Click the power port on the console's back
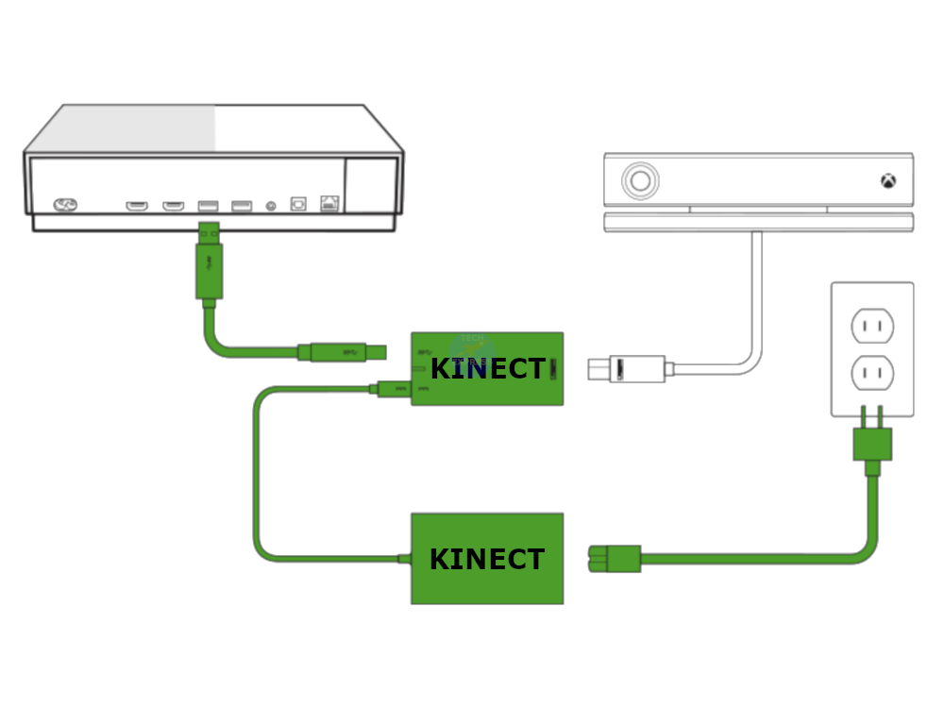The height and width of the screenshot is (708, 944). click(x=65, y=204)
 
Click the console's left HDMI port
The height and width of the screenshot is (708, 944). click(x=137, y=205)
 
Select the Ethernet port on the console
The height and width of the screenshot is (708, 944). click(x=329, y=204)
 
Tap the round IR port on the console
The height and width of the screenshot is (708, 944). click(x=271, y=205)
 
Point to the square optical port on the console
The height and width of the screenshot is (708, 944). click(x=298, y=204)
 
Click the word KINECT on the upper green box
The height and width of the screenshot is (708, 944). click(x=487, y=369)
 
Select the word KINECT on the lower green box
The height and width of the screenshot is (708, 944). click(x=487, y=560)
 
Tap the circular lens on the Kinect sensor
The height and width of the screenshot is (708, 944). click(x=641, y=180)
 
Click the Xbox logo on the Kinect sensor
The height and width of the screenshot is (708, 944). click(x=888, y=180)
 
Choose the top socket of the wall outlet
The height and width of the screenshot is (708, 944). click(x=871, y=327)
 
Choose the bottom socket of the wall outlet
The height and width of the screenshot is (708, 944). click(x=871, y=373)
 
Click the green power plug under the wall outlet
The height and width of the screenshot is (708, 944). click(x=872, y=443)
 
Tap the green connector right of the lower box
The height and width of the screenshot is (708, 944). click(x=615, y=558)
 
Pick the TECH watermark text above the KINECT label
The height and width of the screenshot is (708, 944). click(x=472, y=338)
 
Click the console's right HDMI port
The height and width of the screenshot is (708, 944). click(x=173, y=205)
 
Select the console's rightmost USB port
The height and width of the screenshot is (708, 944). click(x=242, y=205)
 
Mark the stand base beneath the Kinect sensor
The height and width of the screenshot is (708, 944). click(x=758, y=222)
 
